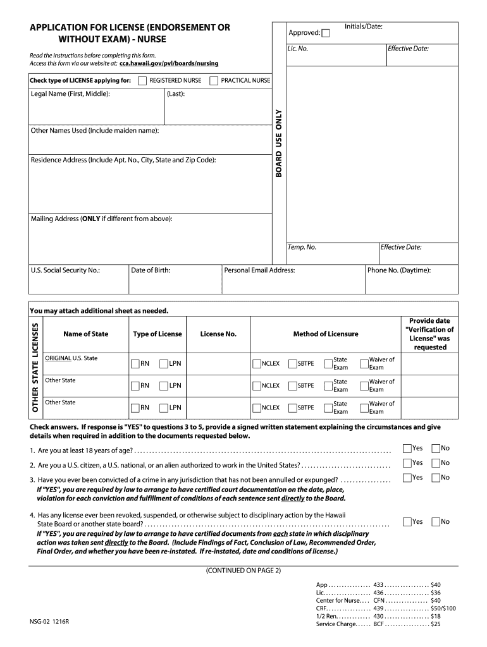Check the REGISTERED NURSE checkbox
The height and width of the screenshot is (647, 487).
click(142, 81)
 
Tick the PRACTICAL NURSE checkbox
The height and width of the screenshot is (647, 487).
click(214, 81)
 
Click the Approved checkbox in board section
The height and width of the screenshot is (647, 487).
click(325, 33)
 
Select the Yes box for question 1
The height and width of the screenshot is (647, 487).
click(407, 449)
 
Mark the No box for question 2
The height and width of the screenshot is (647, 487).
click(435, 463)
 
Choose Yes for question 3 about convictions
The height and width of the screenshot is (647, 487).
click(407, 478)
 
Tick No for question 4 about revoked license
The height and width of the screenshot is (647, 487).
click(435, 522)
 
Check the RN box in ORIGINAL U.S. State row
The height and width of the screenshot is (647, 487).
click(135, 364)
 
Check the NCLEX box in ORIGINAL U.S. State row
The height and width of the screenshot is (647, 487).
click(256, 364)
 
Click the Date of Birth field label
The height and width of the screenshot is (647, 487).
click(151, 270)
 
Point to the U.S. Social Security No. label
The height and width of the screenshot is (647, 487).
click(65, 270)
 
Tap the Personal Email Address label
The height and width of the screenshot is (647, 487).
click(259, 270)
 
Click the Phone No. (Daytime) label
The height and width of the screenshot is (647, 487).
click(399, 270)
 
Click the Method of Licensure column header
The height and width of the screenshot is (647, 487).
click(325, 334)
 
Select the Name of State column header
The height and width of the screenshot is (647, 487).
click(85, 334)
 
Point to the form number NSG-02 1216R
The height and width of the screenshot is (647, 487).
click(49, 622)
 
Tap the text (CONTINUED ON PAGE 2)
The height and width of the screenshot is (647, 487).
click(243, 570)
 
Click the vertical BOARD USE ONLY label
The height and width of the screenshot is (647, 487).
click(279, 143)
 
